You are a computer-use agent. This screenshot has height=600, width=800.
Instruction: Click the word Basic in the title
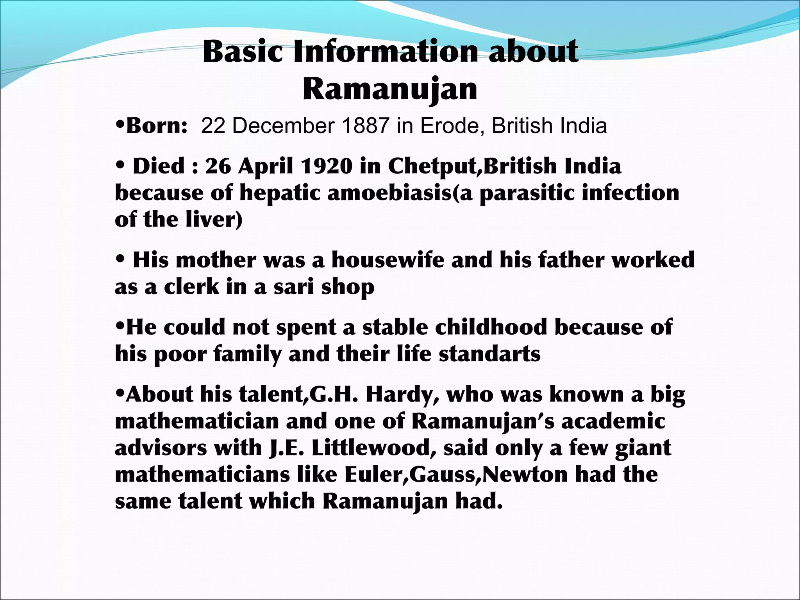(243, 52)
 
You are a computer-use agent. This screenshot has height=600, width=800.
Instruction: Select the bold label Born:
(157, 126)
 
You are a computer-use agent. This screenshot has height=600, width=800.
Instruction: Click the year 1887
(366, 126)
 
